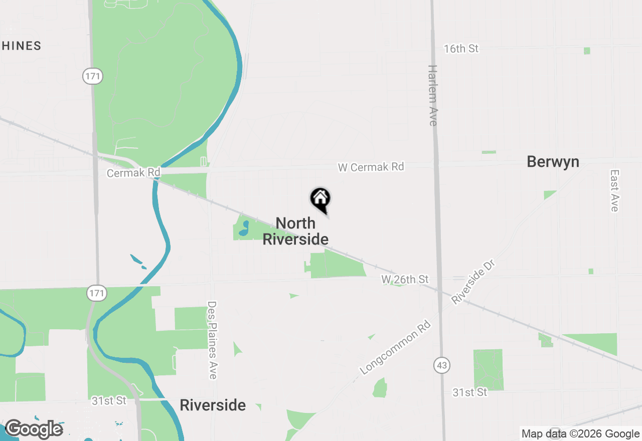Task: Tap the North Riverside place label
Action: coord(295,231)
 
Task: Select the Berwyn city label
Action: coord(553,162)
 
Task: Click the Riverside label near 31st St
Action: coord(213,405)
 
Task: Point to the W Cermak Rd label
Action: coord(371,167)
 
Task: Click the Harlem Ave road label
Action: coord(433,95)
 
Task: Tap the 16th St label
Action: coord(461,49)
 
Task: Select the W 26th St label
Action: coord(405,279)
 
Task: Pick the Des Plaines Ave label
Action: coord(213,340)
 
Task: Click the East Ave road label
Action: coord(615,190)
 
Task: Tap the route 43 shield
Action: coord(441,365)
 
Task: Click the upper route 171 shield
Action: coord(92,77)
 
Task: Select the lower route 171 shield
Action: coord(97,293)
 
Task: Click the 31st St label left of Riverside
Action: coord(109,401)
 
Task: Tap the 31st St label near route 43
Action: coord(469,392)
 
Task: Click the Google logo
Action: coord(34,429)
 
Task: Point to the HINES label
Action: coord(21,46)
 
